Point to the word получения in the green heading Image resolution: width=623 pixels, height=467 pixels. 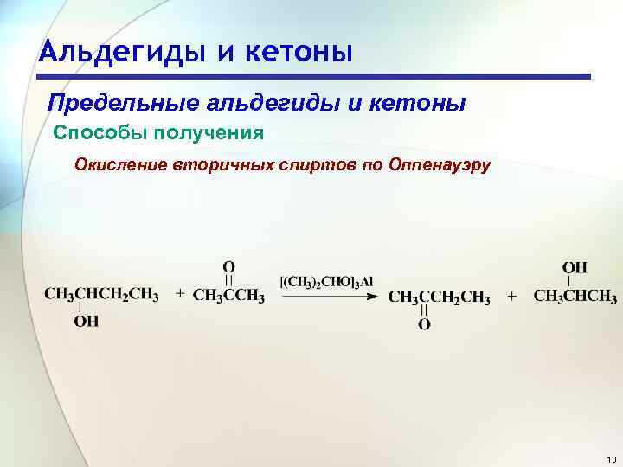pyautogui.click(x=209, y=133)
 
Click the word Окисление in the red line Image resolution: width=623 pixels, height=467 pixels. pyautogui.click(x=119, y=163)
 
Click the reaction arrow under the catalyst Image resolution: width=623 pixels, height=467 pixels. pyautogui.click(x=327, y=297)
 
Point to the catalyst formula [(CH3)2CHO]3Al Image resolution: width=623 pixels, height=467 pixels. pyautogui.click(x=326, y=281)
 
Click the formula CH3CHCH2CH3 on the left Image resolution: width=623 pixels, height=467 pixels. pyautogui.click(x=101, y=296)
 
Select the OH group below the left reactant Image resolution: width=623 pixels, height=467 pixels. pyautogui.click(x=87, y=322)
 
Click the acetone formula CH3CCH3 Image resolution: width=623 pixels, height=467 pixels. pyautogui.click(x=228, y=296)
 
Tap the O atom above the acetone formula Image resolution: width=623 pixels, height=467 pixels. pyautogui.click(x=228, y=266)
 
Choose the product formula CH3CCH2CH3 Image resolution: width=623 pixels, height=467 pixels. pyautogui.click(x=439, y=297)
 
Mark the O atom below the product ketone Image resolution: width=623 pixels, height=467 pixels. pyautogui.click(x=424, y=325)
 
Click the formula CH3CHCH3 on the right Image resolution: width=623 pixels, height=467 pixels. pyautogui.click(x=575, y=297)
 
